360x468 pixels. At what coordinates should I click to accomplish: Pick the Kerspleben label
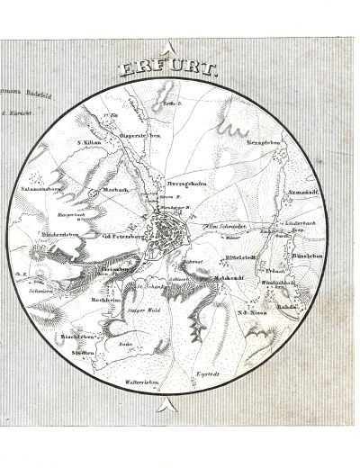(x=263, y=142)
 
